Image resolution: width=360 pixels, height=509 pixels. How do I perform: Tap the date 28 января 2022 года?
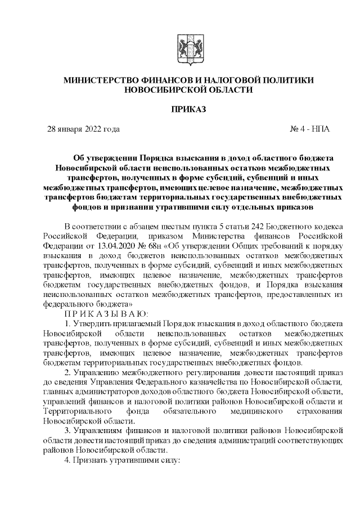pos(83,129)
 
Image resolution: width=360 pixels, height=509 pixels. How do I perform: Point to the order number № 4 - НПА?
pos(309,129)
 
